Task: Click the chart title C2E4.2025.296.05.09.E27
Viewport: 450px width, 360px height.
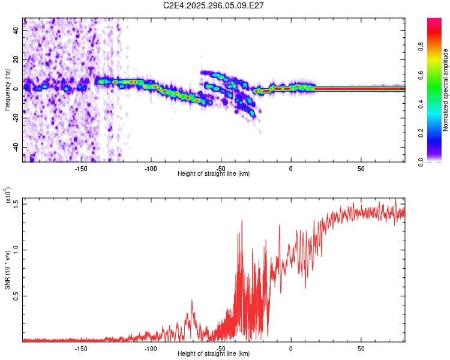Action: [214, 5]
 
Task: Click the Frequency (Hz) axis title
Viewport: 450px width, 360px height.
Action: [7, 90]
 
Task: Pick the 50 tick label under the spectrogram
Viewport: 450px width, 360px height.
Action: [361, 168]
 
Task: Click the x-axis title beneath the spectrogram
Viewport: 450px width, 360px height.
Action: [214, 173]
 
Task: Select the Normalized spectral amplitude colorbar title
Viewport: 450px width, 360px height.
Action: [446, 90]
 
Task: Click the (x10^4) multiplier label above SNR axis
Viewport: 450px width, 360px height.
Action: [7, 195]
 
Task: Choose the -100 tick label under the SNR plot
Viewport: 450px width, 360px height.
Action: [151, 348]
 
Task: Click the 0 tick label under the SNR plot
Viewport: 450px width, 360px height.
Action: [291, 348]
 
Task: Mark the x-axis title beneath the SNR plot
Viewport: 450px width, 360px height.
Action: [214, 353]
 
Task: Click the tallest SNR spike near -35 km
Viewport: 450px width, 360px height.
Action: [242, 221]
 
